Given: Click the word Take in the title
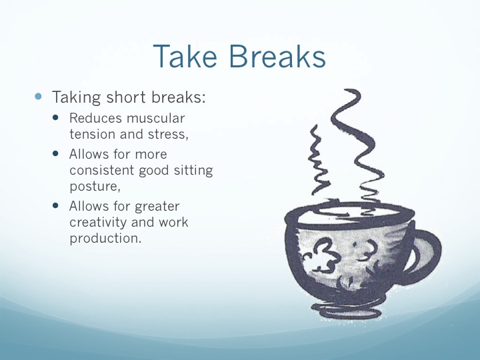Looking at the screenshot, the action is coord(185,56).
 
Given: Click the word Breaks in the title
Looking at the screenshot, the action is coord(277,56).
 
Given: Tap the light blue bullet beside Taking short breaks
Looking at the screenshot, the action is coord(38,97).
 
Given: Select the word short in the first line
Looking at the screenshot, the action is coord(126,97).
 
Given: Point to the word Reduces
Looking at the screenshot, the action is coord(95,118).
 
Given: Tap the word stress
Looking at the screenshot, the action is coord(168,134).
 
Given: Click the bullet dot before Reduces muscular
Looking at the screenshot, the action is coord(55,117).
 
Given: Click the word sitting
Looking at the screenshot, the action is coord(193,171).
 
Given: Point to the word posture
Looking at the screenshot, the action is coord(95,187).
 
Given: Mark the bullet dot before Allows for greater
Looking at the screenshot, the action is coord(55,205).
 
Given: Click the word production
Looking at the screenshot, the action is coord(105,239).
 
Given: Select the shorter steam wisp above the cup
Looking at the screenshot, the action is coord(319,159).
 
